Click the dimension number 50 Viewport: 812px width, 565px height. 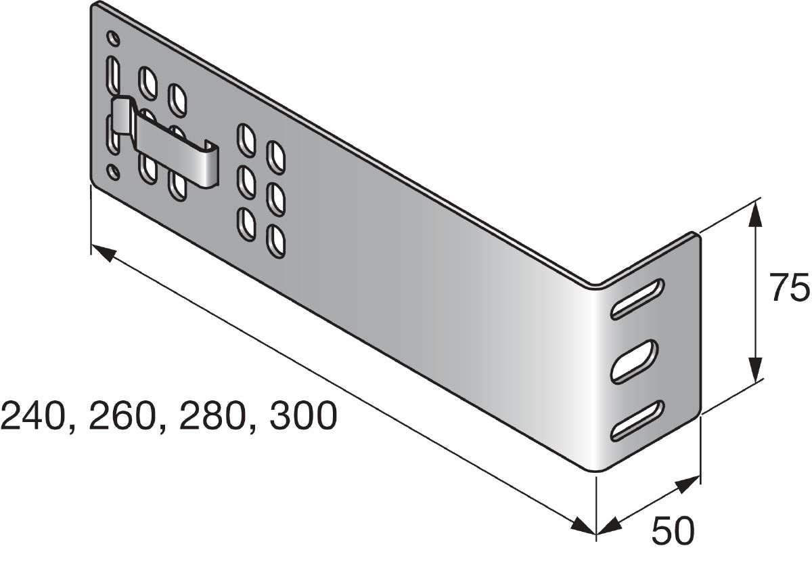673,532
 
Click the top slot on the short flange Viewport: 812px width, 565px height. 637,299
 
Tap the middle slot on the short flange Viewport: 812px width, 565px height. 634,362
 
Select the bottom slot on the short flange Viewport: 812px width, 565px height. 637,421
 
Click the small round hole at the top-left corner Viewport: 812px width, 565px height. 114,39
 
